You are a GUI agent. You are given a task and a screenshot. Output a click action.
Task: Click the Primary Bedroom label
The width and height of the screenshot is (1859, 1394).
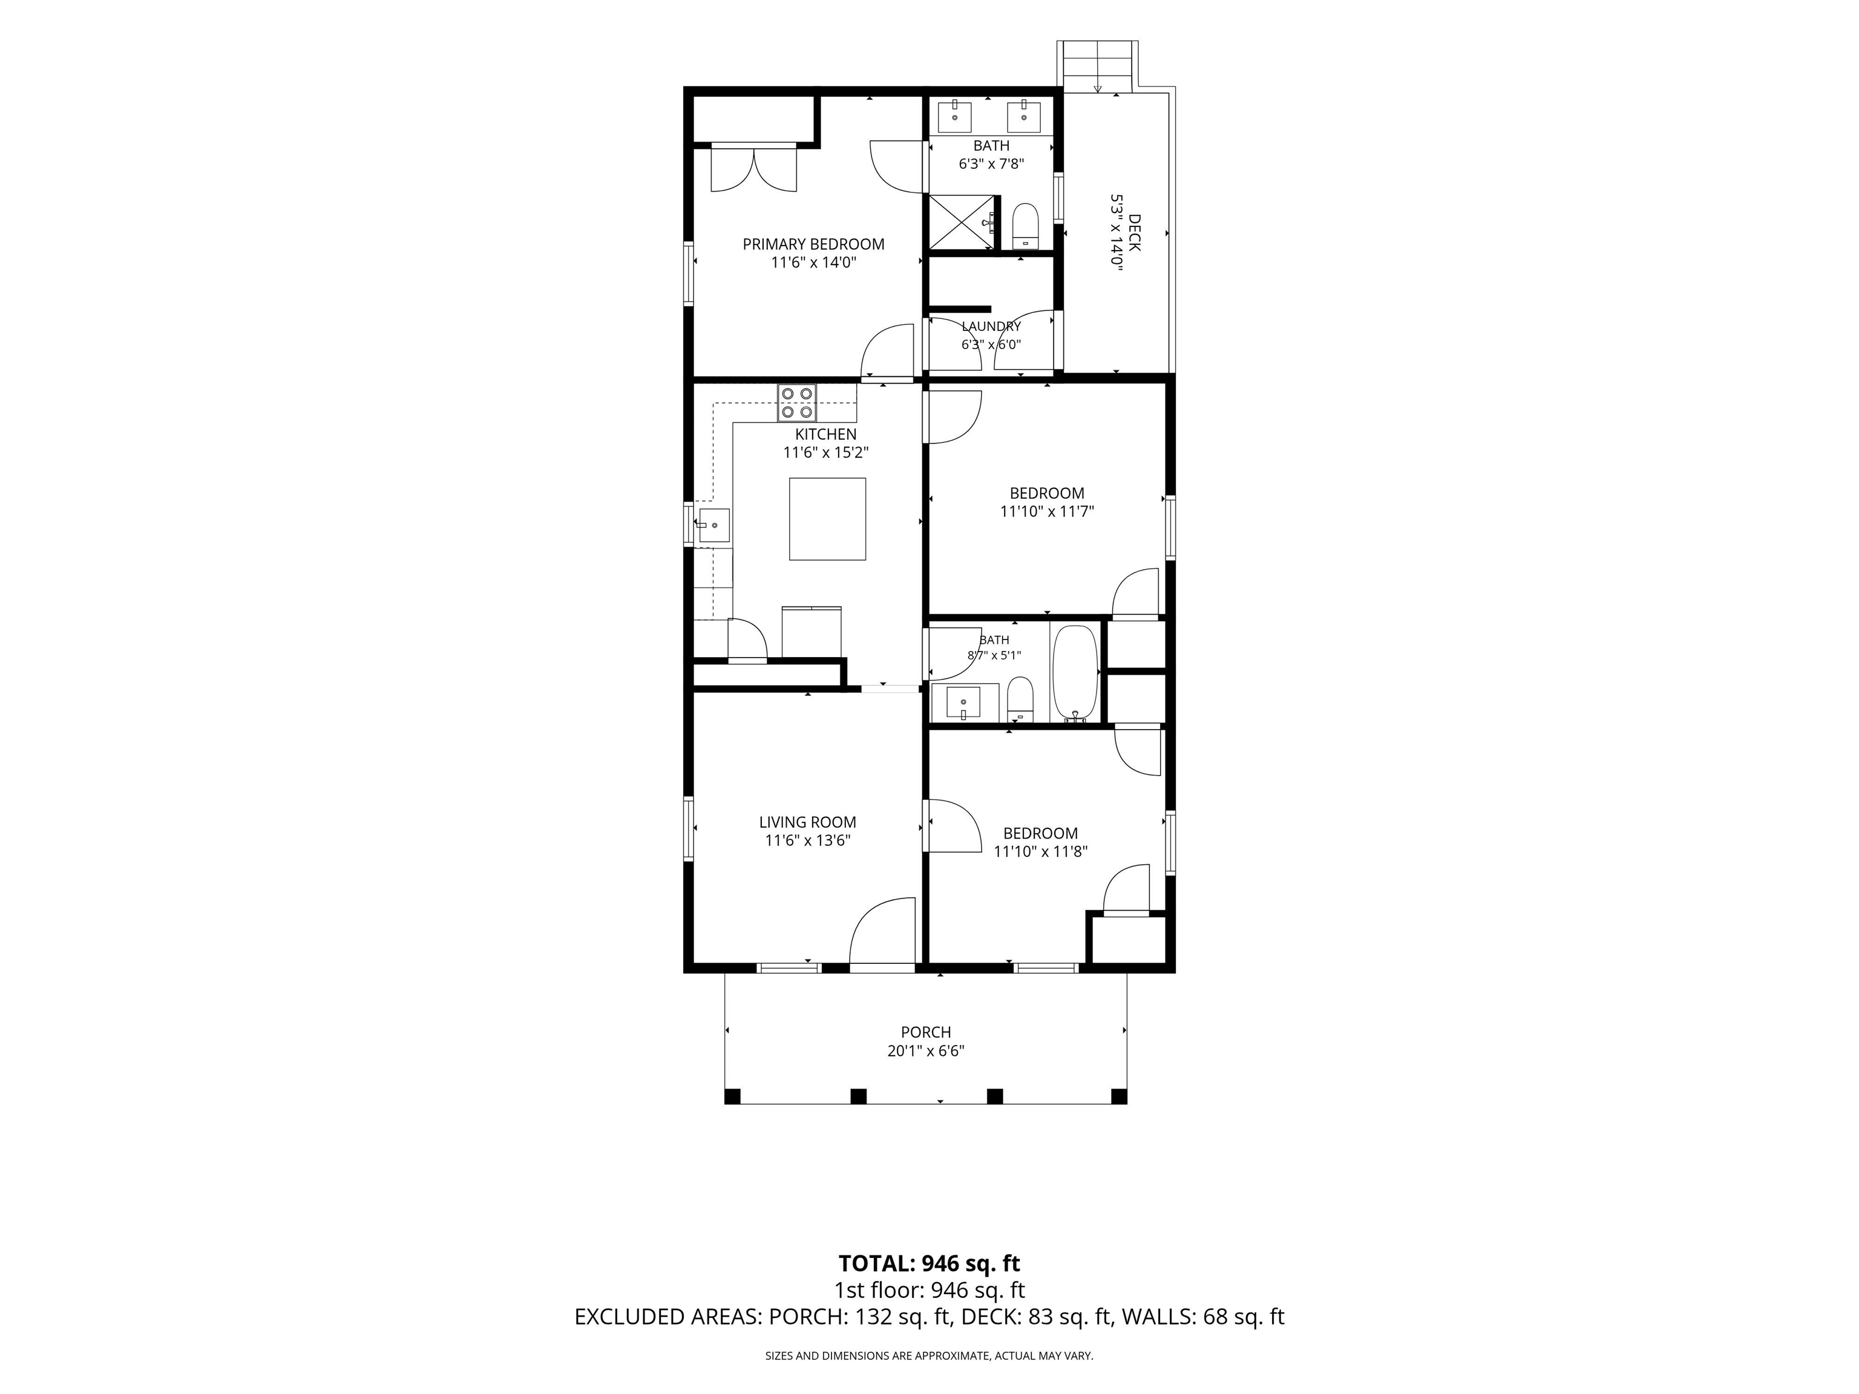coord(813,244)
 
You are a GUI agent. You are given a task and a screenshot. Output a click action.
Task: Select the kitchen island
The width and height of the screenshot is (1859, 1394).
coord(827,519)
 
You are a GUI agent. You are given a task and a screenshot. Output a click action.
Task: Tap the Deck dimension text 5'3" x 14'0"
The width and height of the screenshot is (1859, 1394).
coord(1117,231)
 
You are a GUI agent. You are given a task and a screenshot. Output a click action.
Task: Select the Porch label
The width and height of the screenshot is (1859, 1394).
coord(926,1033)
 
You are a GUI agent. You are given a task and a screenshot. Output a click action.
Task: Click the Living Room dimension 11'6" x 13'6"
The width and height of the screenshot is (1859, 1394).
coord(808,840)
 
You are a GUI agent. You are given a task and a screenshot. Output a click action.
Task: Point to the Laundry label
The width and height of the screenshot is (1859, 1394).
coord(992,326)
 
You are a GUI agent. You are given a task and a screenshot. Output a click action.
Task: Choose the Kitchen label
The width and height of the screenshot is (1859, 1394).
coord(826,434)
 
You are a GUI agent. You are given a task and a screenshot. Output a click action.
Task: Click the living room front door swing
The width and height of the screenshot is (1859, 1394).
coord(882,931)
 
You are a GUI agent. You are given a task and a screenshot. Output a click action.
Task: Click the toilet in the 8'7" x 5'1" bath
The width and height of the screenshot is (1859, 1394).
coord(1020,698)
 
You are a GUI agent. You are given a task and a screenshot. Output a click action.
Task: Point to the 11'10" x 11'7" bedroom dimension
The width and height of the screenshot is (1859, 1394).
coord(1047,511)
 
